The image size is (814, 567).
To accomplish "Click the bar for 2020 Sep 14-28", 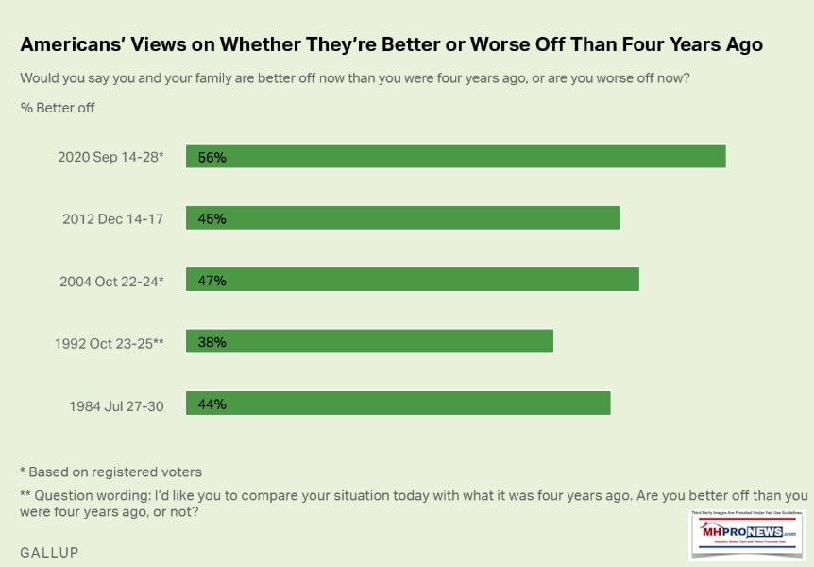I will (x=455, y=157).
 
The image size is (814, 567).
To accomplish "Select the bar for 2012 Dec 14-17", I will (x=403, y=218).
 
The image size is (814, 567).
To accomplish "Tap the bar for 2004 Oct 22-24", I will (x=413, y=280).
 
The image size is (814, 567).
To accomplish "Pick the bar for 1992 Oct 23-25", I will (x=369, y=341).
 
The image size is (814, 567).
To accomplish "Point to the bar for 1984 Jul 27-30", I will (x=399, y=404).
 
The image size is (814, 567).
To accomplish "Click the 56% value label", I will (x=212, y=157).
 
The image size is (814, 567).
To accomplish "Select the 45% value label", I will (x=212, y=218).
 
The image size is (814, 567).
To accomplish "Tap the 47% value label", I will (x=212, y=280).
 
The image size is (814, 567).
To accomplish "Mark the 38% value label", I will (x=212, y=341).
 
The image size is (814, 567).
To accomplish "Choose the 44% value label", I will (x=212, y=404).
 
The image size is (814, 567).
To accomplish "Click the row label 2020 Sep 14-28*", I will (x=110, y=157).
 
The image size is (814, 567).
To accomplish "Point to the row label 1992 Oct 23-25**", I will (x=109, y=342).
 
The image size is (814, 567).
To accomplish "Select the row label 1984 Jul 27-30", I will (x=116, y=404).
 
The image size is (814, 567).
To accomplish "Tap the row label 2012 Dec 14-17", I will (x=113, y=219).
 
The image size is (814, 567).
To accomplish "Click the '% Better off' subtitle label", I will (x=58, y=108).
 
